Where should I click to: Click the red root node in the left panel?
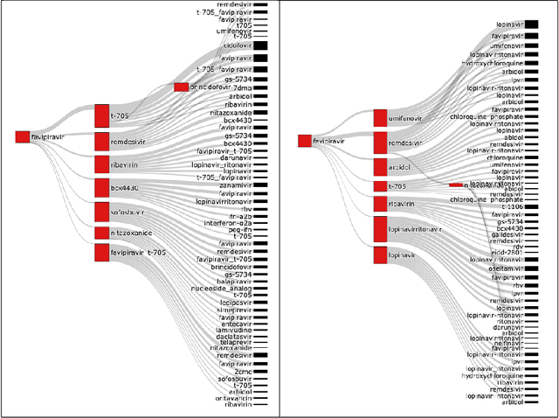click(x=23, y=136)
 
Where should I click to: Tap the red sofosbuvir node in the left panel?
click(x=101, y=211)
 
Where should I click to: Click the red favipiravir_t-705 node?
click(x=101, y=253)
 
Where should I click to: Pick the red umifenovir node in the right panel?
click(x=380, y=118)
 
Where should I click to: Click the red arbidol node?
click(x=380, y=166)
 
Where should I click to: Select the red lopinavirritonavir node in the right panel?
click(x=380, y=228)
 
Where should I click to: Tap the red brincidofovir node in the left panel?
click(x=181, y=87)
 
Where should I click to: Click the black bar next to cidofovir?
click(x=260, y=45)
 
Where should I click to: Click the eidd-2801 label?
click(x=507, y=251)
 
